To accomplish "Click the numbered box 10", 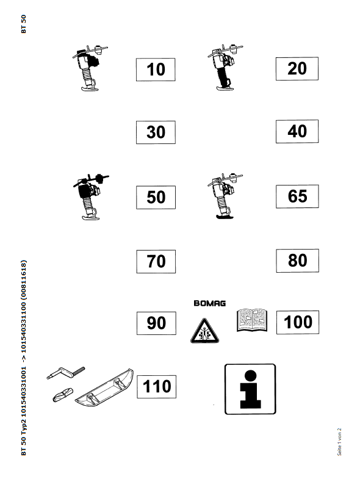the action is pos(156,70).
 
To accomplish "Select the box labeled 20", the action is pos(297,69).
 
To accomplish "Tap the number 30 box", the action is pos(156,132).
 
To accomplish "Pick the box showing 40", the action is pos(297,131).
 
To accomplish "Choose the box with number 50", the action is pos(156,197).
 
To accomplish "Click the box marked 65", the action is pos(297,196).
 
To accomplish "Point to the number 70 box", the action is pos(156,262).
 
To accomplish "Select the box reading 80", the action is pos(297,261).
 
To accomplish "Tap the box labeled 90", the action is pos(156,323).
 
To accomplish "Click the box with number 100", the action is pos(298,322).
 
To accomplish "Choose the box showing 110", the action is pos(156,387).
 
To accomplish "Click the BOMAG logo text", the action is pos(210,303).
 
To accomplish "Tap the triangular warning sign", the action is pos(204,331).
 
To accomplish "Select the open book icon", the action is pos(252,320).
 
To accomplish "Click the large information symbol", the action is pos(250,389).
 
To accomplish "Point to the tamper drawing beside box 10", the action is pos(90,68).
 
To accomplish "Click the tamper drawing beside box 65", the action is pos(225,196).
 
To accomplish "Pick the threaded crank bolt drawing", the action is pos(66,373).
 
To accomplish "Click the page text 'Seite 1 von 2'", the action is pos(339,442).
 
